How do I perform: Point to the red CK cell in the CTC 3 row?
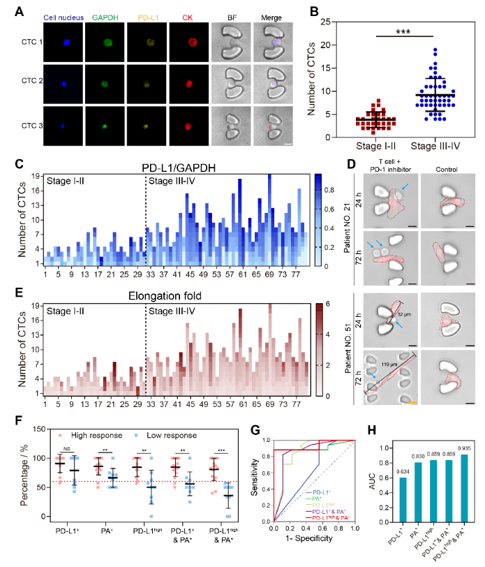[x=188, y=128]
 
